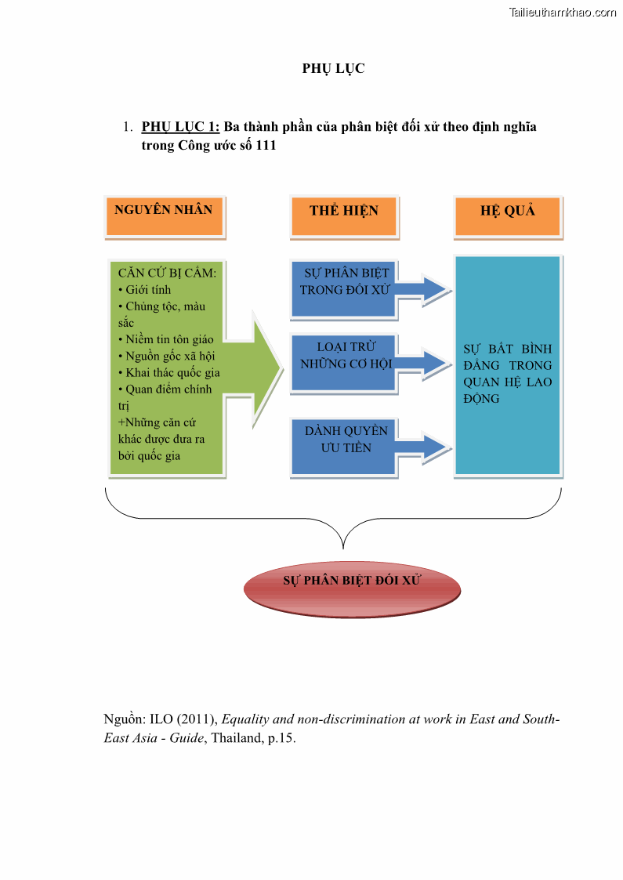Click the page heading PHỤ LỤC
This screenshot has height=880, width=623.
(333, 68)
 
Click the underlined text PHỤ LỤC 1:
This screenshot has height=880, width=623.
(180, 126)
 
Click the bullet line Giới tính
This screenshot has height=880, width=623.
(149, 289)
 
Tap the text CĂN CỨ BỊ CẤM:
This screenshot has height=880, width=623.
(167, 273)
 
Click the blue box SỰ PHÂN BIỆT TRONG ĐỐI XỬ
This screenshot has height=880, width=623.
(343, 288)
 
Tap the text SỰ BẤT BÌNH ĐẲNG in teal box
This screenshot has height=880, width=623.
(507, 357)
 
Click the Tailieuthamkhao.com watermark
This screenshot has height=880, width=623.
(562, 12)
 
